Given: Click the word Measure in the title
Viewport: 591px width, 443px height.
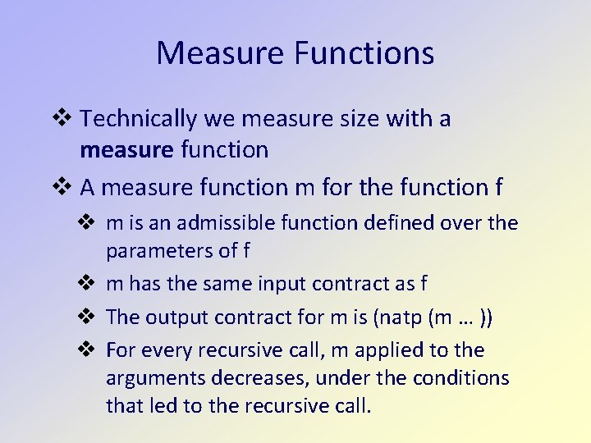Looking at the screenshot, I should tap(219, 53).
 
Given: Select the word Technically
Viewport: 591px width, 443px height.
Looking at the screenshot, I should tap(139, 120).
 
